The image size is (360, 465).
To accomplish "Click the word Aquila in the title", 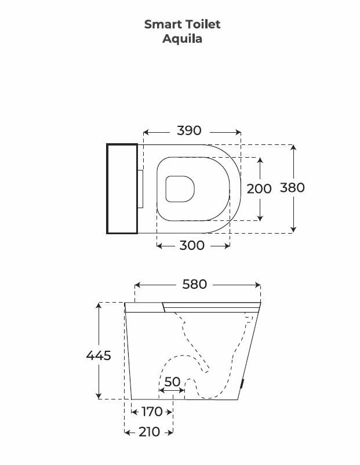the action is point(182,39).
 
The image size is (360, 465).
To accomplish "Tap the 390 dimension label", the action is point(189,130).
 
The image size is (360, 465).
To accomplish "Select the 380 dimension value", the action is point(292,188).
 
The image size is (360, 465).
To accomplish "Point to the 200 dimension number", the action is point(259,189).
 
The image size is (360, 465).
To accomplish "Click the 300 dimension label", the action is point(192,246).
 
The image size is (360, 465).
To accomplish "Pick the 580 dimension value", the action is point(195,285).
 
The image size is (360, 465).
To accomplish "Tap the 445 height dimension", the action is point(99,355).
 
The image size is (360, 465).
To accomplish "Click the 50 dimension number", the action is point(172,382).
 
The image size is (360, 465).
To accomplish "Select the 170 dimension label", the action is point(152,412).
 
